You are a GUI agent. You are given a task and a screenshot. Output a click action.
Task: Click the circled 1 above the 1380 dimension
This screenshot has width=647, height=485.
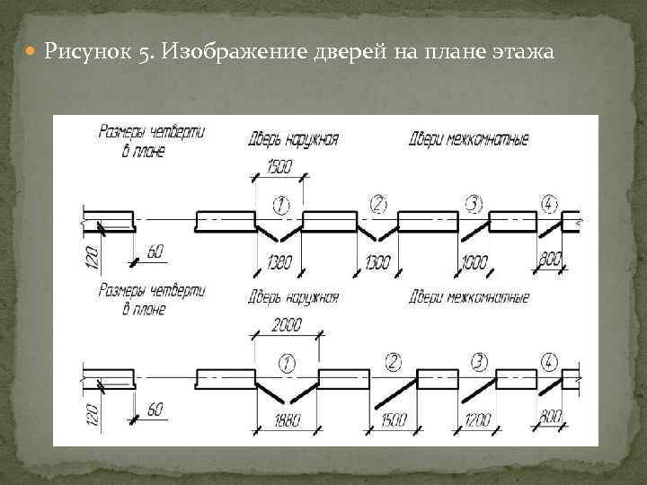click(281, 204)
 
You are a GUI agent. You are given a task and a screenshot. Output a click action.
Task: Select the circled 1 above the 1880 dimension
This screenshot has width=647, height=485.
click(288, 363)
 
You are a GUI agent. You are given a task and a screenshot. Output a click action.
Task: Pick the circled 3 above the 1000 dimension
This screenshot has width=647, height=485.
click(474, 203)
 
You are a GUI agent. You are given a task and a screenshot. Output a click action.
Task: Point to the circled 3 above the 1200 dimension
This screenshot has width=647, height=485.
click(479, 362)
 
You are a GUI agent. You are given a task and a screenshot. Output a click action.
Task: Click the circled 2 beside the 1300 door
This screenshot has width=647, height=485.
click(378, 204)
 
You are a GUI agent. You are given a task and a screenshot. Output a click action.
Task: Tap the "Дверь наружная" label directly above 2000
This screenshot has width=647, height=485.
click(293, 297)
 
